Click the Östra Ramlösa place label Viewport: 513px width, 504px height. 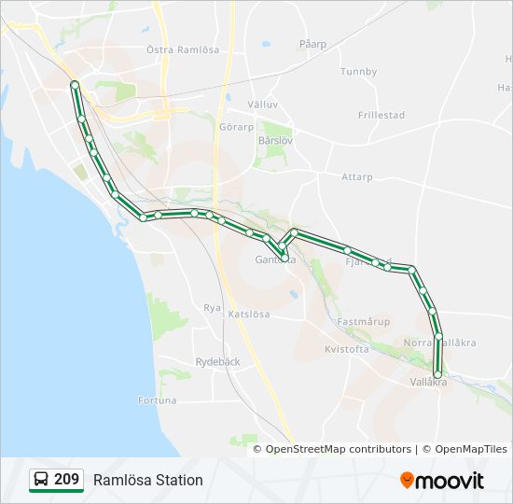tap(183, 49)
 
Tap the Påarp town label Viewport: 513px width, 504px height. tap(312, 44)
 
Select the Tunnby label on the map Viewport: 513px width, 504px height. tap(358, 72)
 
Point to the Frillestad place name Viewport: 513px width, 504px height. tap(381, 116)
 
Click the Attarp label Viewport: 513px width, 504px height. tap(356, 176)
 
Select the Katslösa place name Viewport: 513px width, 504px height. tap(249, 315)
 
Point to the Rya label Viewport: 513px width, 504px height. tap(212, 307)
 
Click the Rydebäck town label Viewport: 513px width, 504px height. tap(218, 362)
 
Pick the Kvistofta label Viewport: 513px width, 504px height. tap(347, 349)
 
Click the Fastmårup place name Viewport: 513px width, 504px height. tap(362, 321)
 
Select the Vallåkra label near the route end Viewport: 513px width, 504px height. tap(429, 383)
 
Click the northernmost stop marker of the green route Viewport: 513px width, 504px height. tap(74, 85)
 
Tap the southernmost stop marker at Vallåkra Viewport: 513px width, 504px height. tap(437, 374)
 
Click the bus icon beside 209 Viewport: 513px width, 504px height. tap(42, 480)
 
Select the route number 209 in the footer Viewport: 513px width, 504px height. tap(66, 480)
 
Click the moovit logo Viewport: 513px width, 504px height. tap(442, 481)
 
